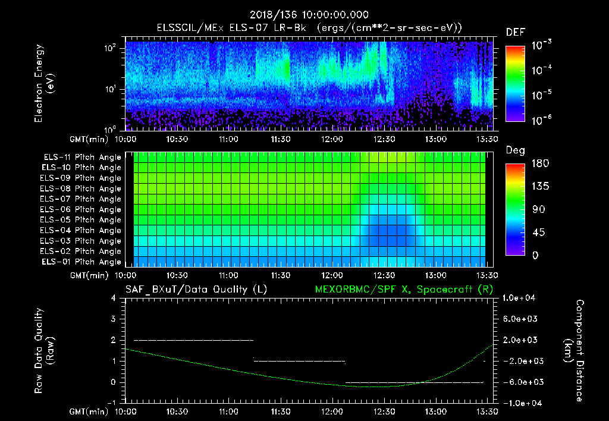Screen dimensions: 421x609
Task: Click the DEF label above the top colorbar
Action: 515,32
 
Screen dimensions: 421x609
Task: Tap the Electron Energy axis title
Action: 44,83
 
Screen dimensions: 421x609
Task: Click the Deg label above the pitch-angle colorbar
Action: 515,150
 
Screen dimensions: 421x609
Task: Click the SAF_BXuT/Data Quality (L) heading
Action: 196,290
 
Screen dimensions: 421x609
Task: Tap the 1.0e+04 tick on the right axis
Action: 520,298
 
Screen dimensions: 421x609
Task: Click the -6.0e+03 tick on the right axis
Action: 520,382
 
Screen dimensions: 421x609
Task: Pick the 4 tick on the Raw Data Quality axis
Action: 114,298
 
